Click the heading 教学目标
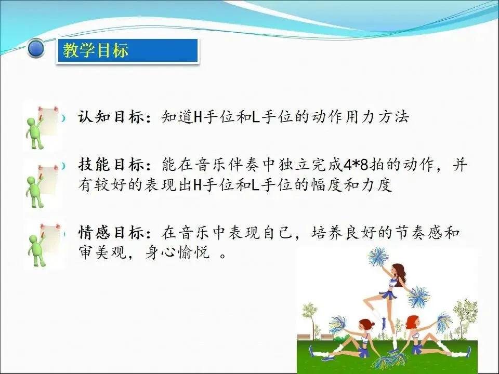point(96,50)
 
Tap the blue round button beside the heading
point(36,48)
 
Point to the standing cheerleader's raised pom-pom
point(378,257)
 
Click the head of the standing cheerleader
point(398,271)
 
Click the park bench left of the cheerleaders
point(304,337)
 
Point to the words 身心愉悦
point(177,253)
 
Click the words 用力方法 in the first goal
point(377,117)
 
